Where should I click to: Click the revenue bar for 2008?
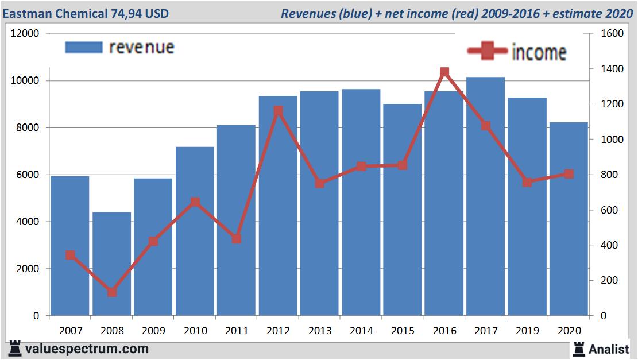pyautogui.click(x=111, y=264)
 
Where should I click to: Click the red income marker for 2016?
pyautogui.click(x=444, y=72)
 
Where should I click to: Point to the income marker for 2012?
pyautogui.click(x=278, y=110)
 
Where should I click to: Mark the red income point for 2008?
pyautogui.click(x=111, y=292)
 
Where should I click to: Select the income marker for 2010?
pyautogui.click(x=195, y=202)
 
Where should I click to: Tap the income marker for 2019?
pyautogui.click(x=527, y=182)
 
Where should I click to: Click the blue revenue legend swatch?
pyautogui.click(x=84, y=47)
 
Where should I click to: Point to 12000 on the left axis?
pyautogui.click(x=25, y=33)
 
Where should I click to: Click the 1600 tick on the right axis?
pyautogui.click(x=612, y=33)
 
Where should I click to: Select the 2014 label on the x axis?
pyautogui.click(x=361, y=331)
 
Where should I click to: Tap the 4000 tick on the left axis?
pyautogui.click(x=28, y=222)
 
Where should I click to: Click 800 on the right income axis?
pyautogui.click(x=609, y=175)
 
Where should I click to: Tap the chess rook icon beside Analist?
pyautogui.click(x=578, y=349)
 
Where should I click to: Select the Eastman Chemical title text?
pyautogui.click(x=86, y=13)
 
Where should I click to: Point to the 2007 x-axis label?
pyautogui.click(x=70, y=331)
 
